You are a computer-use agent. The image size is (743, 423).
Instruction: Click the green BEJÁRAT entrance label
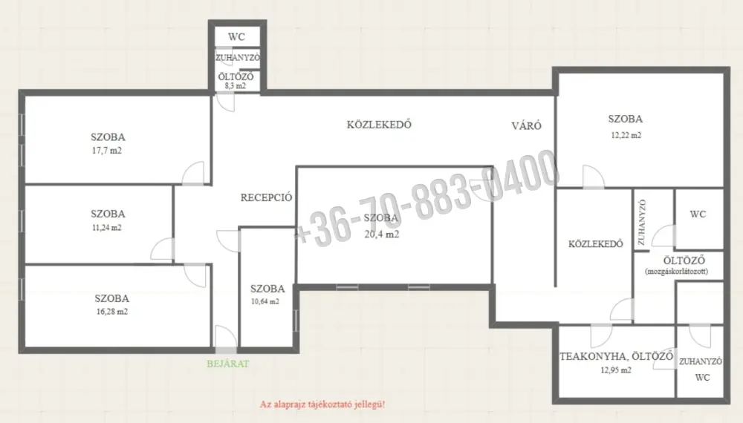click(x=227, y=364)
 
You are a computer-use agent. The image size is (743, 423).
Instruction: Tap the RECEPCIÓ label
click(x=266, y=198)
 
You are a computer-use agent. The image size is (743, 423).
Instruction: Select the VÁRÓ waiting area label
click(x=527, y=126)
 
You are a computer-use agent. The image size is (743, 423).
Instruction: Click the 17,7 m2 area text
click(x=106, y=151)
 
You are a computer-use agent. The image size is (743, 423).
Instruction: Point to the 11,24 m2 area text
click(x=106, y=228)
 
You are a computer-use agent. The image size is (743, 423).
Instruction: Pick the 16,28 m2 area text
click(x=112, y=312)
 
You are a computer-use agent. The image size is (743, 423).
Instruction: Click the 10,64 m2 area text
click(x=265, y=302)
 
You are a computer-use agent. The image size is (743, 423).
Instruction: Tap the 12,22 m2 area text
click(x=626, y=135)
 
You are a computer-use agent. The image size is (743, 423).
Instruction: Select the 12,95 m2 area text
click(x=616, y=370)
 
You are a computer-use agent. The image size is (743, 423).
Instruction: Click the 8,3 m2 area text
click(x=236, y=86)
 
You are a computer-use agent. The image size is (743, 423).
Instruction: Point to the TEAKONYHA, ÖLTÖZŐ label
click(x=617, y=357)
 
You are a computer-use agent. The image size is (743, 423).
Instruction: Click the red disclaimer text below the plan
click(x=322, y=404)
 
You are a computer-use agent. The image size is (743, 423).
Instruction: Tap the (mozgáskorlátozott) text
click(x=677, y=272)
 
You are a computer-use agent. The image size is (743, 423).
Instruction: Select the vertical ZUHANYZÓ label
click(x=642, y=223)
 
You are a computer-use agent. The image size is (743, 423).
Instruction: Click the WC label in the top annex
click(x=236, y=37)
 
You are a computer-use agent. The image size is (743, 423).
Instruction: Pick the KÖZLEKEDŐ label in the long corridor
click(x=379, y=125)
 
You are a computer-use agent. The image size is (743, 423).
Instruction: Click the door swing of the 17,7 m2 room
click(x=193, y=173)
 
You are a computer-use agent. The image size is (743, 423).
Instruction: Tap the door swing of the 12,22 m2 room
click(x=593, y=177)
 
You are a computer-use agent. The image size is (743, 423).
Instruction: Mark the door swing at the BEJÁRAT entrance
click(x=226, y=337)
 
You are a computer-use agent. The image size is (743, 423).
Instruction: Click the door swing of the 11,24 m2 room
click(x=163, y=249)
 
